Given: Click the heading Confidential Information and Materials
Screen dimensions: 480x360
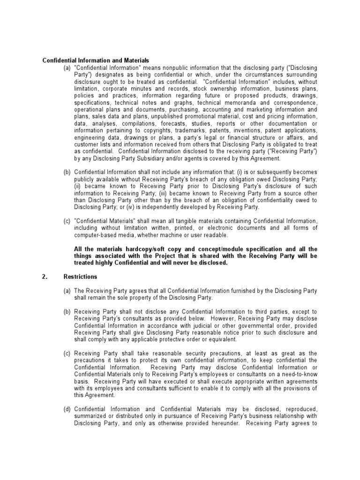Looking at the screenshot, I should coord(96,60).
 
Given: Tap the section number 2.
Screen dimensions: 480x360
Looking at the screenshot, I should coord(45,277).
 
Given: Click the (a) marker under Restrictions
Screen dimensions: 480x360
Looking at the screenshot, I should coord(68,291).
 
